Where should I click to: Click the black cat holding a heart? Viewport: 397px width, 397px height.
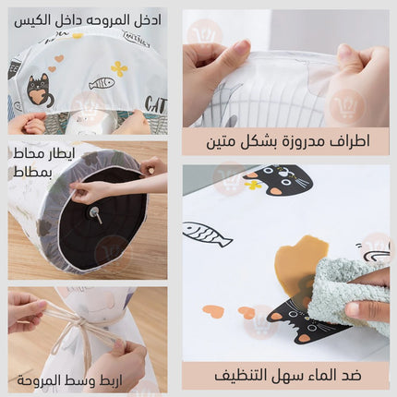[40, 91]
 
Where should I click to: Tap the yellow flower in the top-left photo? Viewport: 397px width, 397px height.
[119, 68]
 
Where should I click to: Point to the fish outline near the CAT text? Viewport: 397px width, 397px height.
[102, 83]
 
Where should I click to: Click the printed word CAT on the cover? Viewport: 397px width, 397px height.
[156, 104]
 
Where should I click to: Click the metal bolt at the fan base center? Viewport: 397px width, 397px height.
[95, 213]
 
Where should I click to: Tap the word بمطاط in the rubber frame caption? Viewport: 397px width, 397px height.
[32, 172]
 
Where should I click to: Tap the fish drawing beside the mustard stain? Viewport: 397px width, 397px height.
[207, 234]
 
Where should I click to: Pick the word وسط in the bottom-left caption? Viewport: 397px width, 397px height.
[85, 380]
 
